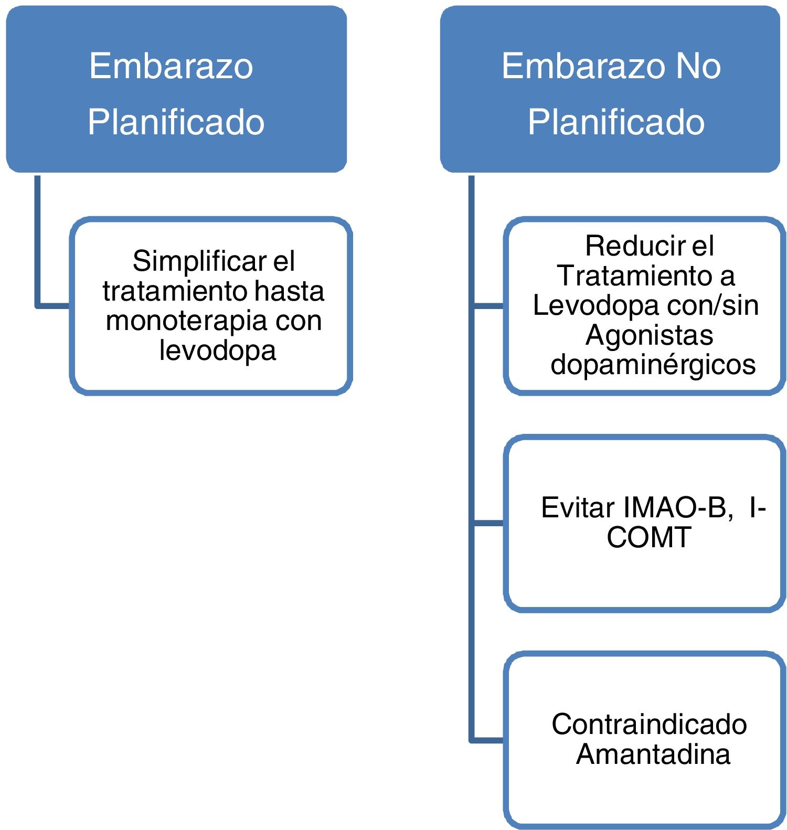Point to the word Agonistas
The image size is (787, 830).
pyautogui.click(x=649, y=335)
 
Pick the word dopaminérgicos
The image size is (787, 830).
pyautogui.click(x=653, y=364)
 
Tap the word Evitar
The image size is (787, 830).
pyautogui.click(x=578, y=507)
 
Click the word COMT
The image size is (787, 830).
pyautogui.click(x=648, y=537)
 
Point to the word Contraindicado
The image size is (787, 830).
pyautogui.click(x=649, y=724)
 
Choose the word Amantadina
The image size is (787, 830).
pyautogui.click(x=653, y=754)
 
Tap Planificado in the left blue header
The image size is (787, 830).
pyautogui.click(x=176, y=122)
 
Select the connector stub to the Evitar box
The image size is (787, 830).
pyautogui.click(x=488, y=523)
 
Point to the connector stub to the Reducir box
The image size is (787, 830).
pyautogui.click(x=488, y=305)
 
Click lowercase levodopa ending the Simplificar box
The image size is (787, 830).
pyautogui.click(x=217, y=350)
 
